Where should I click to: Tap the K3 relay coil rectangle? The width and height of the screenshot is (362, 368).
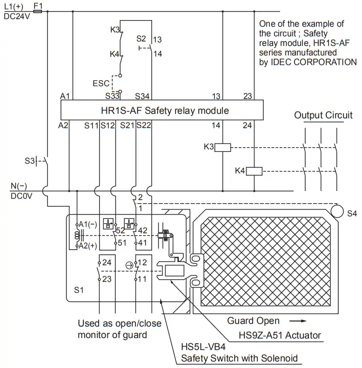224,147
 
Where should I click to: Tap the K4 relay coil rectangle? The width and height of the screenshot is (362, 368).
255,170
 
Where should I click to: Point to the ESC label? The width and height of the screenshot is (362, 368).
101,84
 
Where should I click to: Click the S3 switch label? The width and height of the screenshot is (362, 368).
30,161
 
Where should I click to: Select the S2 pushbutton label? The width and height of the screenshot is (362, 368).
141,38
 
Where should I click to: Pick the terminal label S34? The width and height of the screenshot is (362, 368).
142,96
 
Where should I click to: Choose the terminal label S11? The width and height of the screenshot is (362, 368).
92,126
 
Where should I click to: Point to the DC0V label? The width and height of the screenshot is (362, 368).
20,196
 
